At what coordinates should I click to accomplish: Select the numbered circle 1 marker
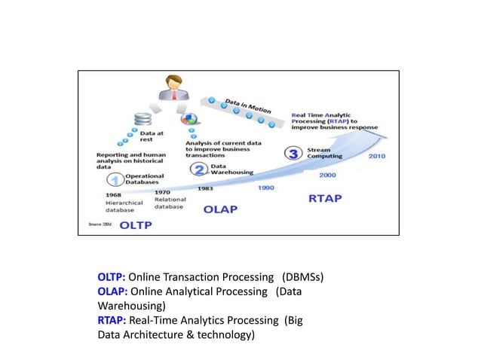(x=115, y=179)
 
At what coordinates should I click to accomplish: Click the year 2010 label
(x=378, y=157)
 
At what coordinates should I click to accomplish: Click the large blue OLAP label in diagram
(x=222, y=209)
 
